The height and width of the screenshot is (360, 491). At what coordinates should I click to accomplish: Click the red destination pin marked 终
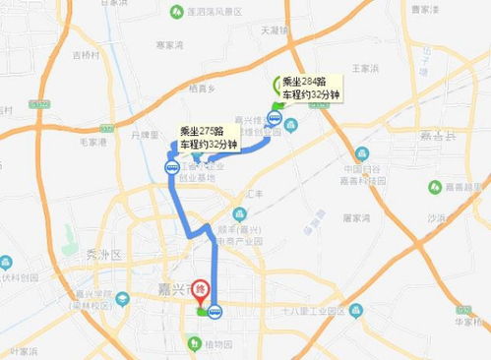pyautogui.click(x=201, y=291)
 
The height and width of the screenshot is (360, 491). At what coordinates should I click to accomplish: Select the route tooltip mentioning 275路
pyautogui.click(x=209, y=138)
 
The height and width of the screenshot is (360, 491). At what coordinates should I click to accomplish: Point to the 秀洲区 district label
pyautogui.click(x=102, y=253)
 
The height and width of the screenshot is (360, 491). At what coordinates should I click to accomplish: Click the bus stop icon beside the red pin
pyautogui.click(x=215, y=312)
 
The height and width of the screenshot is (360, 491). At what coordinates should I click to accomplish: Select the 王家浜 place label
pyautogui.click(x=365, y=68)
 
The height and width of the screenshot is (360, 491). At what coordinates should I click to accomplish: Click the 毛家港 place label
pyautogui.click(x=92, y=142)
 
